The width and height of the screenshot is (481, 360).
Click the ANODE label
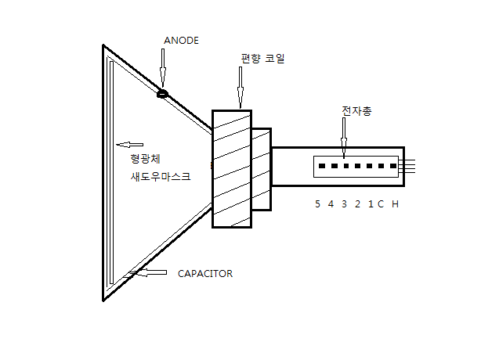(182, 40)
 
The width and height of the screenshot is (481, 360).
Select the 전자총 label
(356, 111)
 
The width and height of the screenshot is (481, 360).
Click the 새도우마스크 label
(160, 177)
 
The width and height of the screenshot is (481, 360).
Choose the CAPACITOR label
(205, 274)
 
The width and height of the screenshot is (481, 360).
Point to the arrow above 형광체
(130, 144)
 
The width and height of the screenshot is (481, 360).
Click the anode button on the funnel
(163, 95)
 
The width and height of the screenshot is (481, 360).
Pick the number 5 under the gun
(317, 204)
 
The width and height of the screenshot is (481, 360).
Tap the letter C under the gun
(380, 204)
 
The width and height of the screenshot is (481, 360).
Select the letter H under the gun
(395, 204)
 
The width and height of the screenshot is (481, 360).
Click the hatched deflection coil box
(232, 167)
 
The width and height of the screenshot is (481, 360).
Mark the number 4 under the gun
(331, 204)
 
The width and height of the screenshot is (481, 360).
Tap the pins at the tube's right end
(413, 167)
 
